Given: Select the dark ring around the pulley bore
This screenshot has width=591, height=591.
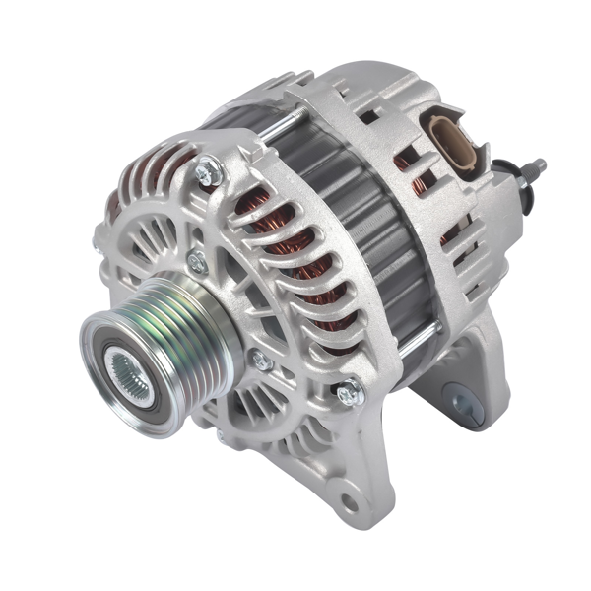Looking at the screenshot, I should point(111,361).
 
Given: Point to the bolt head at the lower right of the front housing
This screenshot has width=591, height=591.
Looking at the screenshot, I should point(348,395).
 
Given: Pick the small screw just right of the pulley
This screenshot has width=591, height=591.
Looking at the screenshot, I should point(261,361).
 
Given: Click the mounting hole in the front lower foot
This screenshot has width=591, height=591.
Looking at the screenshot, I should point(346,503).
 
